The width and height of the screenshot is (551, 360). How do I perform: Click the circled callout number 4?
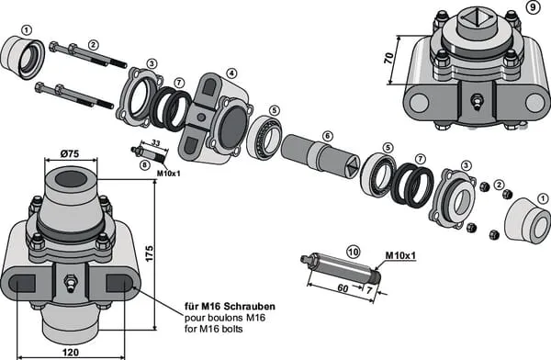coord(231,73)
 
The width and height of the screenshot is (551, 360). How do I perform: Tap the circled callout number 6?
coord(327,136)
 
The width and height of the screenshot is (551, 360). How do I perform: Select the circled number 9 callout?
coord(533,7)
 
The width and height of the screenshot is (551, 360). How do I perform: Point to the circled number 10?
coord(354,252)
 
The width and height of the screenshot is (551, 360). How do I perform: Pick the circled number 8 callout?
coord(144,165)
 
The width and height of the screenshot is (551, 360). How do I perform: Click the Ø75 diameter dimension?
coord(70,153)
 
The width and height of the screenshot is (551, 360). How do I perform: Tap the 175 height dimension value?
coord(149,253)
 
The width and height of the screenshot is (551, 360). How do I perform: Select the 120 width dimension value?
coord(71,352)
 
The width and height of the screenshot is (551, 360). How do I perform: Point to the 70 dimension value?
coord(388,58)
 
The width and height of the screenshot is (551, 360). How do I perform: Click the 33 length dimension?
coord(156,143)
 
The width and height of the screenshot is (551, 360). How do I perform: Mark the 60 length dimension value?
coord(343,288)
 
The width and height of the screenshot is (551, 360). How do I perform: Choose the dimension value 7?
coord(369,290)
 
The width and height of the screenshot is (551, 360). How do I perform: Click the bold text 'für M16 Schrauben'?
coord(231,306)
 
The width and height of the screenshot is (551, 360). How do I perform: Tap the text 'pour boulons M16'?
coord(225,318)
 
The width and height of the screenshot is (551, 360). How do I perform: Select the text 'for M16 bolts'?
coord(214,329)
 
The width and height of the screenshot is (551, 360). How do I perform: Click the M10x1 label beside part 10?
coord(400,255)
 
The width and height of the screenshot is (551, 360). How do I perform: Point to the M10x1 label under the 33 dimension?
coord(168,173)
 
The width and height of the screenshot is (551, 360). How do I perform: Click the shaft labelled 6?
coord(320,156)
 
